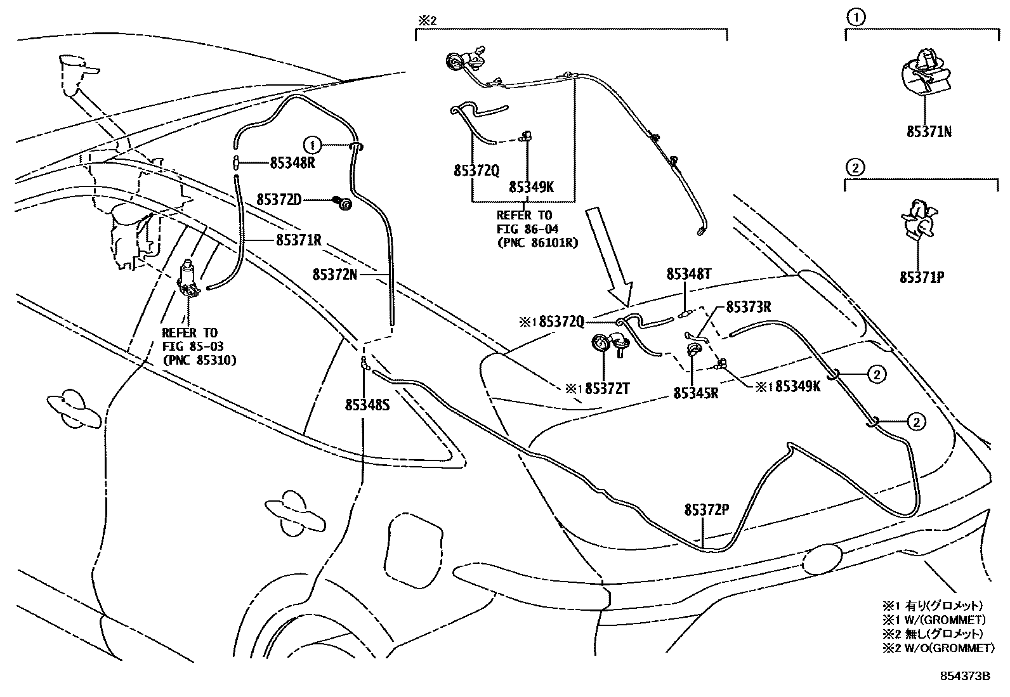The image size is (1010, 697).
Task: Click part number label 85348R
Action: (292, 162)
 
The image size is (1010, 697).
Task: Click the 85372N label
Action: (334, 274)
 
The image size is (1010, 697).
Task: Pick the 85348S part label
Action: (367, 404)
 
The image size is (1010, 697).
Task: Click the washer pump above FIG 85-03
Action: (188, 279)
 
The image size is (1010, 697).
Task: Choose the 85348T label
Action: (688, 274)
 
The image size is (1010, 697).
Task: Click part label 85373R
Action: (748, 307)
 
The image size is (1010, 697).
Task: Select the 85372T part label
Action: (607, 388)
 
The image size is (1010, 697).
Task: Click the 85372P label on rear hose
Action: (706, 510)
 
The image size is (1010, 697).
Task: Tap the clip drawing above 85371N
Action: (926, 75)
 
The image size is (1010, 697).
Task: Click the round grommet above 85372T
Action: (600, 343)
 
